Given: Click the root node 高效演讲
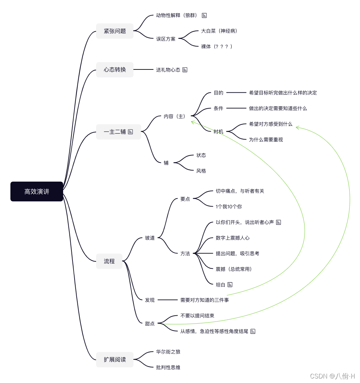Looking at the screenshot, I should tap(37, 191).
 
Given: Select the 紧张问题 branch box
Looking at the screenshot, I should tap(115, 31).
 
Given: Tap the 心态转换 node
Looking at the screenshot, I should tap(115, 69).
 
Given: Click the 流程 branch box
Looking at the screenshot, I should tap(109, 261).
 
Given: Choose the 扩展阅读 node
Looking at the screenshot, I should tap(115, 359).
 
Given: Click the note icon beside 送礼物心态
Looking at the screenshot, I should tap(185, 69).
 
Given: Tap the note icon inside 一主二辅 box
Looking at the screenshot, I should tap(130, 132).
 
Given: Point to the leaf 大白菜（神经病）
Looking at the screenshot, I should tap(219, 31).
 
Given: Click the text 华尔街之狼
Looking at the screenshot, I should tap(168, 352).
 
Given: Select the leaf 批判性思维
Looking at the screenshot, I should tap(168, 367).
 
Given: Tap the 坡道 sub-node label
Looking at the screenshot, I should tap(150, 238).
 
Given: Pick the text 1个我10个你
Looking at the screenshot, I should tap(229, 207).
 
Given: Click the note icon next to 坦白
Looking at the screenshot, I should tap(230, 284).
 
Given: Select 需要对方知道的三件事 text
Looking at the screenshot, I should tap(204, 300).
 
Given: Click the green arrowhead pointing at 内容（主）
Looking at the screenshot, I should tap(193, 122).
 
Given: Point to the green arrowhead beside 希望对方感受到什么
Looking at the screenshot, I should tap(298, 128).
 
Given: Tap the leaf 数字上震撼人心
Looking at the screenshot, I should tap(232, 238).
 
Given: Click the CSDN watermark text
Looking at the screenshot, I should tap(332, 376).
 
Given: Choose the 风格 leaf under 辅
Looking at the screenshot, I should tap(201, 171).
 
